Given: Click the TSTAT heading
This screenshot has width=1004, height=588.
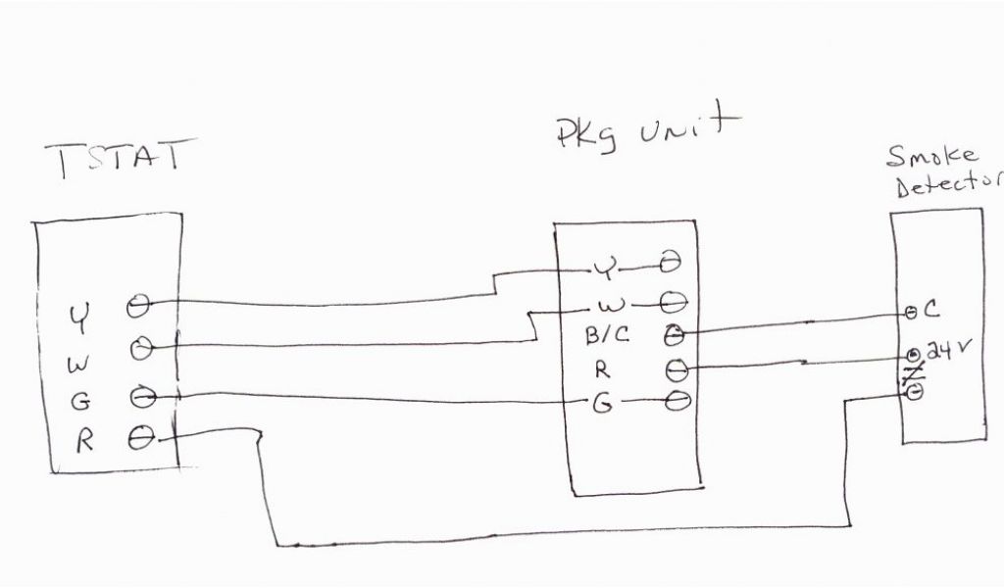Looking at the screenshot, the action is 116,162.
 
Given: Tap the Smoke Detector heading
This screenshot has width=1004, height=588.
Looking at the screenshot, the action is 943,170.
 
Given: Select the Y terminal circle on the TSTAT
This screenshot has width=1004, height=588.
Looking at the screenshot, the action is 138,306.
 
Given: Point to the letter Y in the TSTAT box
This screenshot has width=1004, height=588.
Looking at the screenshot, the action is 77,317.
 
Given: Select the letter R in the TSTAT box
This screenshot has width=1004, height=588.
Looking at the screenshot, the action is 84,440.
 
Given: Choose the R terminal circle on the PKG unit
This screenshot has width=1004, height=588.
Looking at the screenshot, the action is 676,369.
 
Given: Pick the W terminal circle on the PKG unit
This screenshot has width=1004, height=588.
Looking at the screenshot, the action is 674,299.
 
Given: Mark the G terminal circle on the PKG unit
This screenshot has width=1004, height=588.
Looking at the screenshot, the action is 676,401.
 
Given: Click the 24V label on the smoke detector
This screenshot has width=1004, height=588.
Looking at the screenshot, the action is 947,352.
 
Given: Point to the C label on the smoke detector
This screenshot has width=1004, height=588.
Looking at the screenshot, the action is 930,311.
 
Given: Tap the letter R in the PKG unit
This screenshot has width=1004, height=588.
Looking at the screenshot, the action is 601,370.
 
